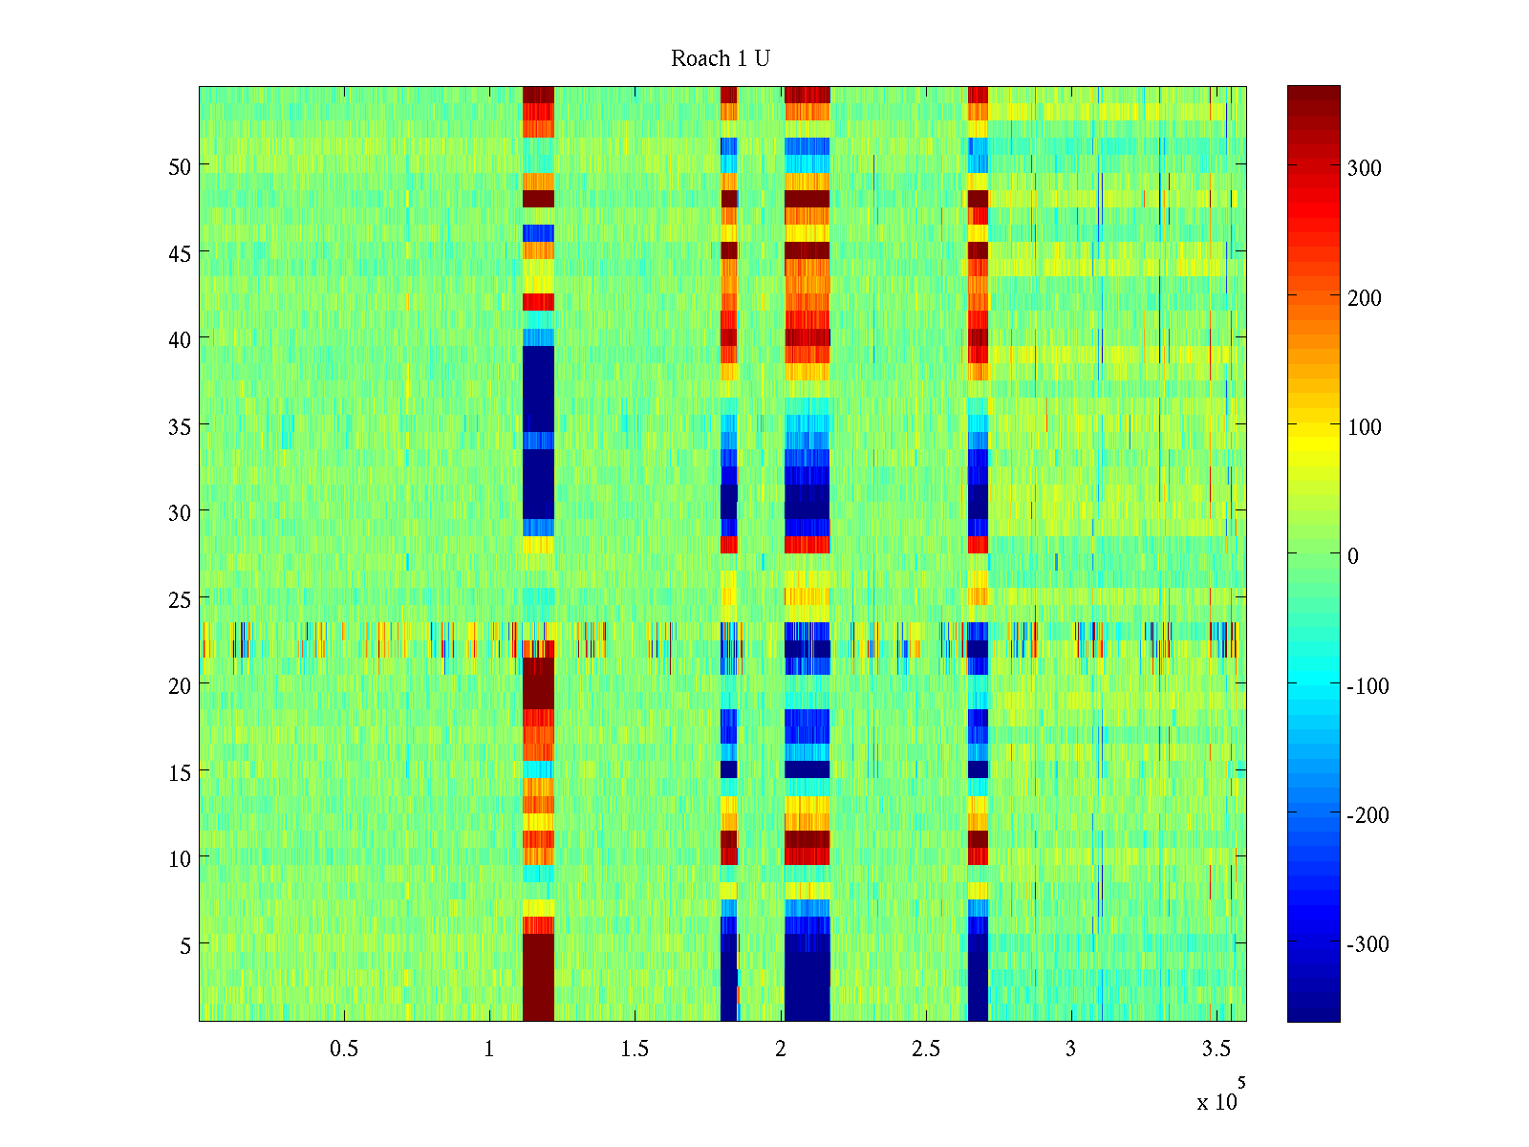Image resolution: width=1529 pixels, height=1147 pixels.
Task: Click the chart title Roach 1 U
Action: (721, 59)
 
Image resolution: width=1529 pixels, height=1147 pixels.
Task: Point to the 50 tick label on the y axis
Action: (180, 166)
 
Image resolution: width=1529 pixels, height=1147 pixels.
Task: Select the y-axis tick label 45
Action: (180, 253)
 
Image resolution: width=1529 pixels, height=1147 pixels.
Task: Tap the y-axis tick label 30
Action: (180, 512)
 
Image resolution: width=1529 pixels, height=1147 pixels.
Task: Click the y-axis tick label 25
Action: (180, 599)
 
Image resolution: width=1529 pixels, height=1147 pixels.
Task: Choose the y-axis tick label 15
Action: (180, 772)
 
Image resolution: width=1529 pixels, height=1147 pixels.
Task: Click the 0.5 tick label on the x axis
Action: (344, 1050)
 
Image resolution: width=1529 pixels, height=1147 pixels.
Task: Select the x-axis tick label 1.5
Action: (635, 1050)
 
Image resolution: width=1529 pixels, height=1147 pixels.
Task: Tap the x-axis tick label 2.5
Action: (925, 1050)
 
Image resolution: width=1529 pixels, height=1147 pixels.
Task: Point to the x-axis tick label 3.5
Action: (1216, 1050)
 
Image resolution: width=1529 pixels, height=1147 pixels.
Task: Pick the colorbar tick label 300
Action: (1365, 169)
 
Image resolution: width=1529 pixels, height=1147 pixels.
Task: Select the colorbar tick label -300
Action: (1367, 945)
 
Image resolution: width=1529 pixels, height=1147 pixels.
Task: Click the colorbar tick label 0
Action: (1352, 557)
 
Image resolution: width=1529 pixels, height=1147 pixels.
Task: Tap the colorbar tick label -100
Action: (1367, 686)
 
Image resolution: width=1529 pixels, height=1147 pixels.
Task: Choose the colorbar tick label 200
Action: (1365, 298)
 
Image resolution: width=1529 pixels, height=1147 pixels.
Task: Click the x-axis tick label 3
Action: (1070, 1050)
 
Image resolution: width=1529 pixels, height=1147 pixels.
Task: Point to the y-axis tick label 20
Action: (180, 685)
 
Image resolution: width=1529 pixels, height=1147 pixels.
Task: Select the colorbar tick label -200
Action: (1367, 816)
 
